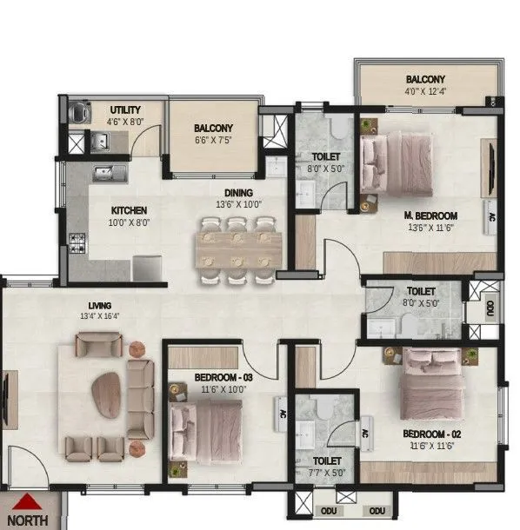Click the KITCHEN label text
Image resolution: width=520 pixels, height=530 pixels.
128,210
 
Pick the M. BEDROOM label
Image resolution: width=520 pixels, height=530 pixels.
430,216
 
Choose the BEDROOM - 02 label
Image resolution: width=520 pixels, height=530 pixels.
430,433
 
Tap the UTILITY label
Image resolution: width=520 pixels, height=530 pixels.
126,109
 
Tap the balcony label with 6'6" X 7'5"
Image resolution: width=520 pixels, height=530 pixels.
213,134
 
